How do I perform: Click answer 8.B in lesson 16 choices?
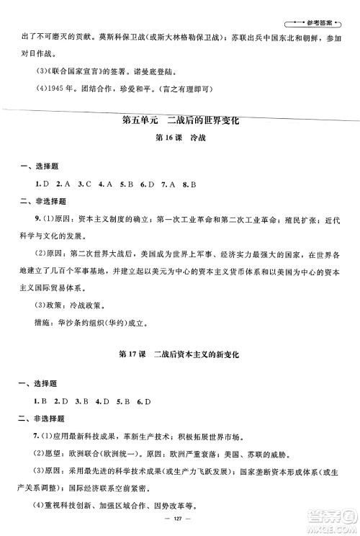point(189,184)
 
